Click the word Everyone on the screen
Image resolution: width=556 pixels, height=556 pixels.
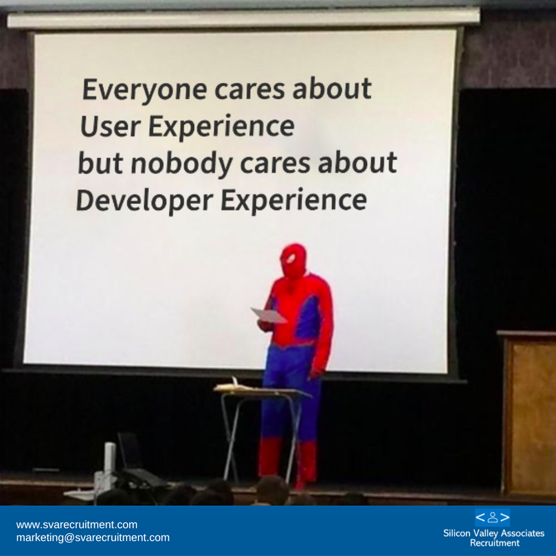pos(145,90)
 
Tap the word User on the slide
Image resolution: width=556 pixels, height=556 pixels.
pos(111,126)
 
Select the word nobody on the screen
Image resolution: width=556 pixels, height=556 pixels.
pos(182,164)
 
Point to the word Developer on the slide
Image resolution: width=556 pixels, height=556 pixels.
pos(145,201)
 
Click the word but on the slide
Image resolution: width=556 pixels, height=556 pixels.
pos(100,163)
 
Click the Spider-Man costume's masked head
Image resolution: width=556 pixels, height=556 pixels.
pos(293,261)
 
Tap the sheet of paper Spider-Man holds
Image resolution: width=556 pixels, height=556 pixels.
pos(269,315)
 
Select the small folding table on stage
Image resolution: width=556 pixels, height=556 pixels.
pos(262,430)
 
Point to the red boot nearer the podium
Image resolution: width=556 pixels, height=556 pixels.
pos(307,463)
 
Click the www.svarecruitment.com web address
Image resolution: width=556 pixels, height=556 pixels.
pos(76,524)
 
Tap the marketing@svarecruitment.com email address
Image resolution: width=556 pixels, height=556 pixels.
pos(93,537)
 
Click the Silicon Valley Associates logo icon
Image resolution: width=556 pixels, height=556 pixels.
pos(493,518)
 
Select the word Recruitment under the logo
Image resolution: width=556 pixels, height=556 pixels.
pos(494,543)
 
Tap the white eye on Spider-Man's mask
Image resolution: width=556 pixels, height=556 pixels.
pos(291,258)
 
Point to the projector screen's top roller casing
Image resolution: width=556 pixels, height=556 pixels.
pos(243,18)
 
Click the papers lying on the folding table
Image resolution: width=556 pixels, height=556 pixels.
pos(234,386)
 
